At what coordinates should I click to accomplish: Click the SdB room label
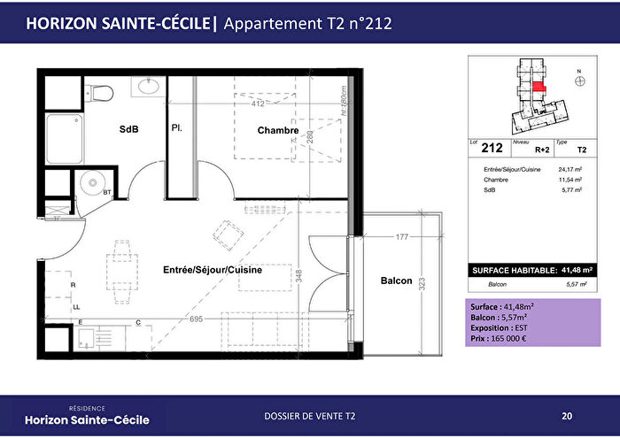click(128, 130)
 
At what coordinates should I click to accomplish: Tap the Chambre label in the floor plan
click(277, 130)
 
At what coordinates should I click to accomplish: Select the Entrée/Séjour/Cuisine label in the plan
click(212, 270)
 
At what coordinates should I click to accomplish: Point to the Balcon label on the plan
click(396, 280)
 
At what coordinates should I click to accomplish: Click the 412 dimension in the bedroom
click(259, 104)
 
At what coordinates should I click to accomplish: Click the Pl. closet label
click(177, 128)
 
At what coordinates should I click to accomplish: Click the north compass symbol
click(579, 79)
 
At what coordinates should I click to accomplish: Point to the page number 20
click(566, 416)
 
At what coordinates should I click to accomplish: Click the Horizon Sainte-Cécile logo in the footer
click(87, 416)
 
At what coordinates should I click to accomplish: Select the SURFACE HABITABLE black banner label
click(512, 269)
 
